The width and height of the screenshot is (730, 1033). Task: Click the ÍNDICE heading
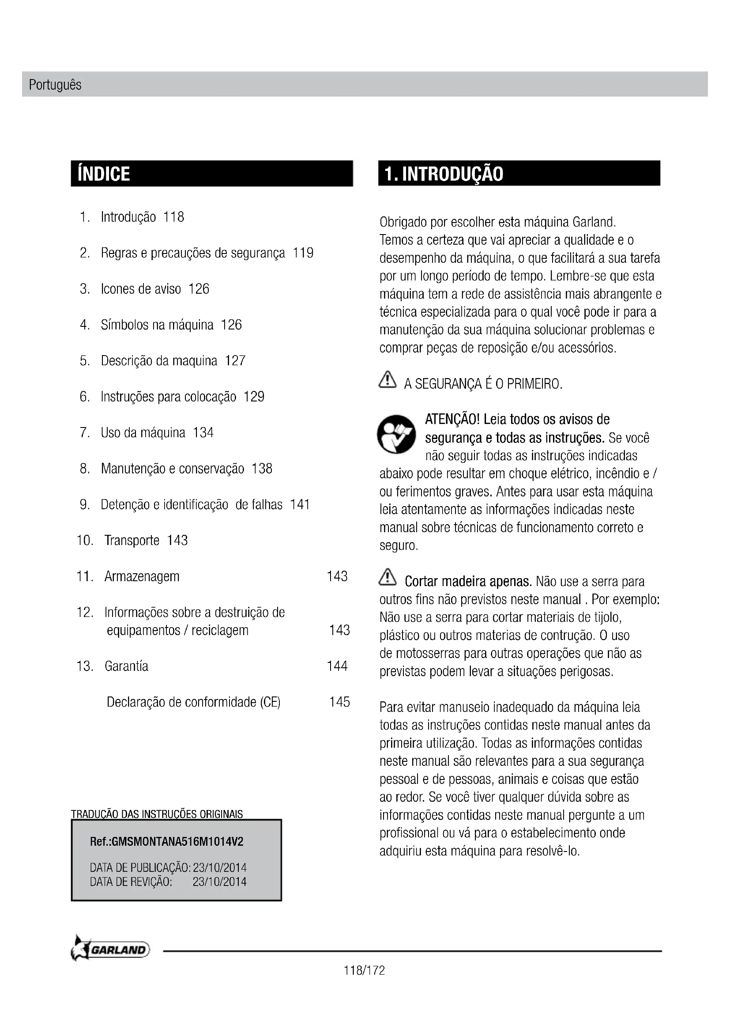click(104, 174)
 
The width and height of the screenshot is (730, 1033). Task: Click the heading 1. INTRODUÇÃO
click(444, 174)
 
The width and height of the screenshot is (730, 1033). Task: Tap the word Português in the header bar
click(55, 85)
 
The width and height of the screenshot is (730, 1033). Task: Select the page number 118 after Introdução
click(173, 217)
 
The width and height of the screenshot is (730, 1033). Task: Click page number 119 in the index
click(303, 253)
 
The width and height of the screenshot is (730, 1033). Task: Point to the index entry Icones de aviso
click(141, 289)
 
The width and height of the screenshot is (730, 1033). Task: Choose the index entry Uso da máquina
click(143, 433)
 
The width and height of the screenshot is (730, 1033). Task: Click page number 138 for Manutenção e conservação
click(262, 469)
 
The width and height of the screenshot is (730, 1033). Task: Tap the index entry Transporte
click(132, 540)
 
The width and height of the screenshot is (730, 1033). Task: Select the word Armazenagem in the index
click(142, 576)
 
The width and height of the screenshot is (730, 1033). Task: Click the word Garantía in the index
click(126, 666)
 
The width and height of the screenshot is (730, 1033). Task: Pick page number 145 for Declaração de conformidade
click(339, 702)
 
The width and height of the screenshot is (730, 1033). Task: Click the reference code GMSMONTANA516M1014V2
click(177, 842)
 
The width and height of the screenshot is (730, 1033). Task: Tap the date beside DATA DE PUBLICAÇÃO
click(220, 867)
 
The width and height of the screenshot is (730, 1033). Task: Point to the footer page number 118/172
click(365, 970)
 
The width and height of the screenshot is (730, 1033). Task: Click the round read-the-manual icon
click(396, 434)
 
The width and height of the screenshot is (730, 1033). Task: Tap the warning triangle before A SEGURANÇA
click(388, 381)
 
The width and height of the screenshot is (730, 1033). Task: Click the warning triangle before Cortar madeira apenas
click(388, 578)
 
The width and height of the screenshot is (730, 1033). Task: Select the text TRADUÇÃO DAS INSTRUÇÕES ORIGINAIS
click(157, 814)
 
